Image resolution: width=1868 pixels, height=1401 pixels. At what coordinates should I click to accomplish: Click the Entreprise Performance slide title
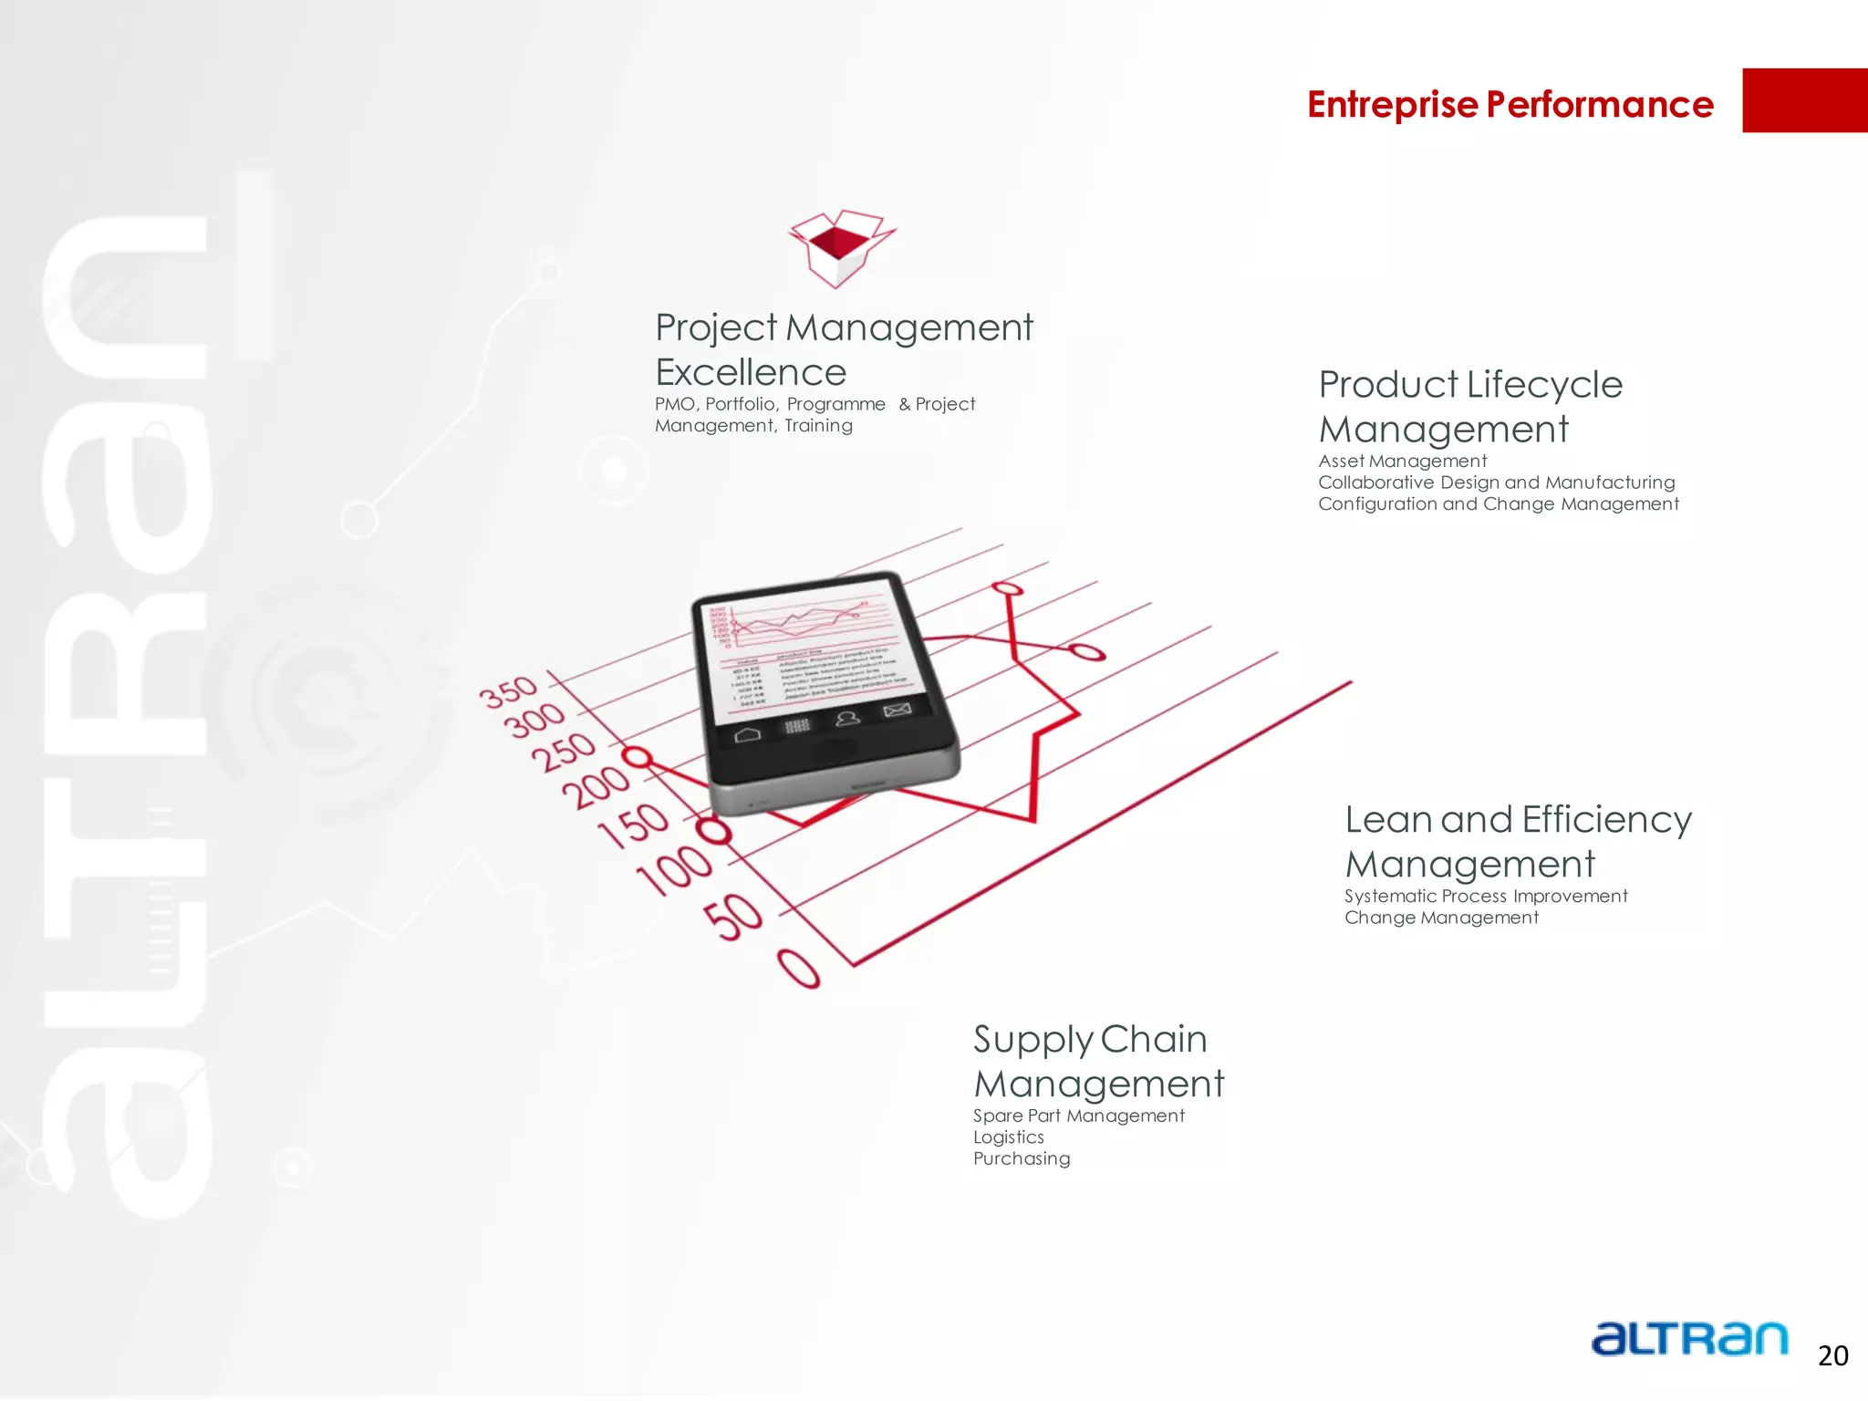(1510, 104)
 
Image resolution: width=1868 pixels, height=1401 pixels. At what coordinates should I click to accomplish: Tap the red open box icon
(841, 247)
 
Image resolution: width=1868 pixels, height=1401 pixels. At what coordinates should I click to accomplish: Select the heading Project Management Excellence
(843, 349)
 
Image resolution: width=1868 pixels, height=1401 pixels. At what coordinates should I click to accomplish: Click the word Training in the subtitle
(818, 426)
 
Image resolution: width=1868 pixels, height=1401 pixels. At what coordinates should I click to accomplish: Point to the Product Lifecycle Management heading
(1469, 407)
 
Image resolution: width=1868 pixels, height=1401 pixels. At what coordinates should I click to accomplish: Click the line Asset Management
(1402, 462)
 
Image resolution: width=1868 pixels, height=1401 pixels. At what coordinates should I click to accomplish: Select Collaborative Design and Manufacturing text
(1496, 483)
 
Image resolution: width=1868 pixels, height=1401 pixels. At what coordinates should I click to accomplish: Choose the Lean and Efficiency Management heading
(1518, 841)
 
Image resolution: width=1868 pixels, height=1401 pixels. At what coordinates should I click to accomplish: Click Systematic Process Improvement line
(1485, 897)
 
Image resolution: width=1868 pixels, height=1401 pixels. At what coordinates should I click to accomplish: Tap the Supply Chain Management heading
(1097, 1061)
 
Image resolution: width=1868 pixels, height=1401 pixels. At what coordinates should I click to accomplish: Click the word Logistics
(1008, 1137)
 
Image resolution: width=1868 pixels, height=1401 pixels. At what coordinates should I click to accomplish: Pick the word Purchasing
(1021, 1159)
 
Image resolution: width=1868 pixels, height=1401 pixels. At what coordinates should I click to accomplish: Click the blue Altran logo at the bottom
(1688, 1339)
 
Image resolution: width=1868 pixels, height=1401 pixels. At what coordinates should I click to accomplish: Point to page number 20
(1832, 1356)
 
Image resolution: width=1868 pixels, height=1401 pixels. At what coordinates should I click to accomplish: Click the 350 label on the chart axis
(509, 691)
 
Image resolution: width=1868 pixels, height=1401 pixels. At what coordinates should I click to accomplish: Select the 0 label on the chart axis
(799, 969)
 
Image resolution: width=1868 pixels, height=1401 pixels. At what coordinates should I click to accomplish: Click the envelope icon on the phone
(897, 710)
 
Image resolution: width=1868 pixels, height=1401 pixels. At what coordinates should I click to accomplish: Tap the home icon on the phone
(747, 734)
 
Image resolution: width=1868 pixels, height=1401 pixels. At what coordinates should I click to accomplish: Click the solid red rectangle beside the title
(1804, 100)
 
